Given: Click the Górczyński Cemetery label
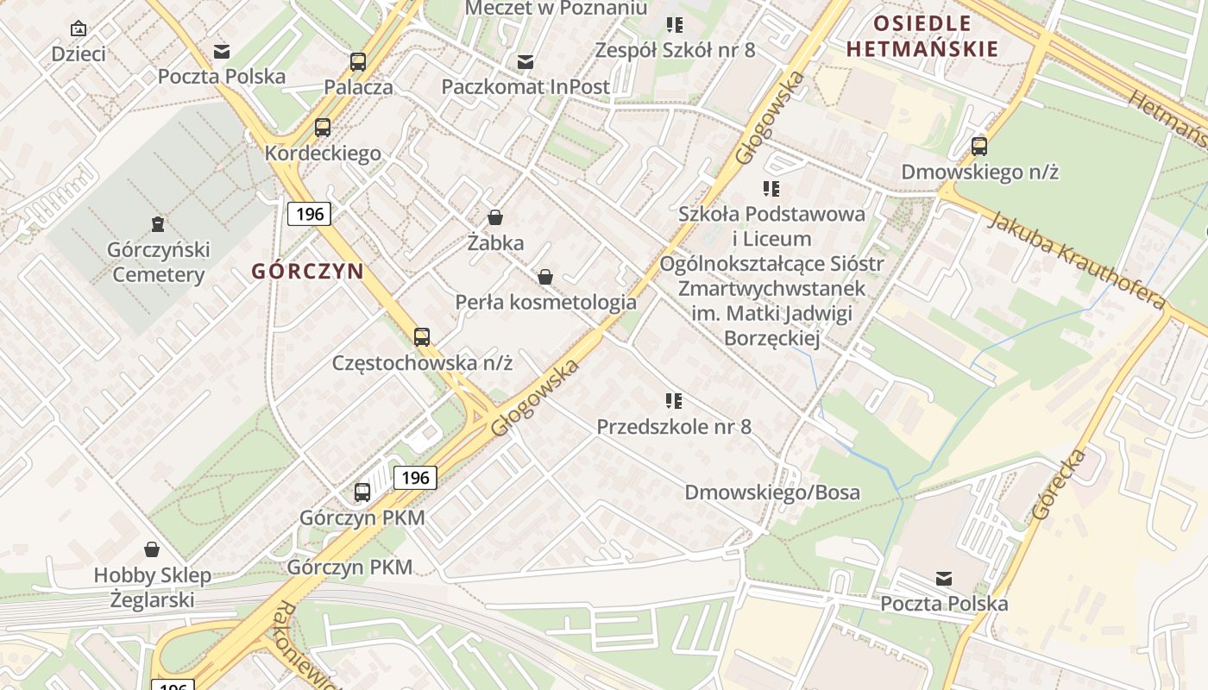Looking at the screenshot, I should [x=159, y=262].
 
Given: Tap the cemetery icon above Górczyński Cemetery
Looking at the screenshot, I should [x=158, y=225].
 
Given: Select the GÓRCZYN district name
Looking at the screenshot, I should [x=307, y=271].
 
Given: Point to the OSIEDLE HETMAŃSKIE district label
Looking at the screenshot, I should [x=922, y=36].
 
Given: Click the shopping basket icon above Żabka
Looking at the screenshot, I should [x=495, y=217].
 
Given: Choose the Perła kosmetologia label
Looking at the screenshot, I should [x=545, y=302].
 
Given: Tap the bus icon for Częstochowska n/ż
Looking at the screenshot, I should [x=422, y=337].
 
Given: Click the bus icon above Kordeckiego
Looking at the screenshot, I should [x=323, y=128].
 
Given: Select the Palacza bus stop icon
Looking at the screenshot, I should [x=358, y=62].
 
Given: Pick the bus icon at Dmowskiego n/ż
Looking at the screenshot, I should [x=979, y=147].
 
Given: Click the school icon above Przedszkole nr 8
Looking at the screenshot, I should [x=674, y=400].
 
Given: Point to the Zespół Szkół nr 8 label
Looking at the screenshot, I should [x=675, y=50].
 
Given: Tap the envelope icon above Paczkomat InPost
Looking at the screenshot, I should [x=525, y=62].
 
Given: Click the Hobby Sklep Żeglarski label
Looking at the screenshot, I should [x=153, y=587].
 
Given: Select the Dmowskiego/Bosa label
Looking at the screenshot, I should [x=772, y=492].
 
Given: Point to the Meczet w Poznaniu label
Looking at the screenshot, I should [x=556, y=9].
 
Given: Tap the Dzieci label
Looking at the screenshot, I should [x=79, y=53].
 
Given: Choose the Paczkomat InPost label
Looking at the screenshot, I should [x=525, y=86].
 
